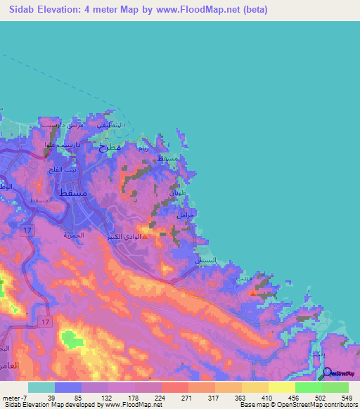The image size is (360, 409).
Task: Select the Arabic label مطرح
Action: pyautogui.click(x=110, y=148)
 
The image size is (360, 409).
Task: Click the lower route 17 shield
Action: pyautogui.click(x=46, y=320)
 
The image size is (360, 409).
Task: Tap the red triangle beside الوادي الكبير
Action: pyautogui.click(x=146, y=236)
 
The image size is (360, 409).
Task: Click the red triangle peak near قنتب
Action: pyautogui.click(x=253, y=293)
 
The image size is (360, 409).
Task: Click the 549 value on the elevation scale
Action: pyautogui.click(x=345, y=397)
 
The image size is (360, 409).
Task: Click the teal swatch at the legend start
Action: pyautogui.click(x=41, y=387)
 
